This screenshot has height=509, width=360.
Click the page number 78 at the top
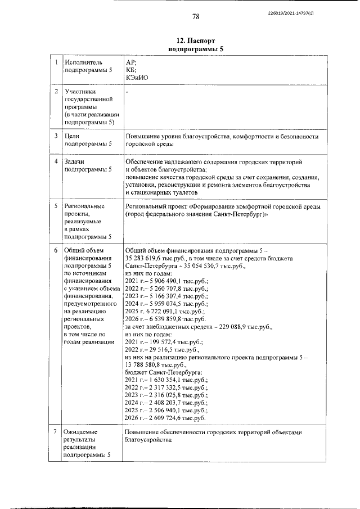[196, 16]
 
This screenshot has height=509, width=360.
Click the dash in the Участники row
[127, 90]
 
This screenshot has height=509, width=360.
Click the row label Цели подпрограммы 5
[88, 140]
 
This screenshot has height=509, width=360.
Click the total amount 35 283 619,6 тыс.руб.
[154, 258]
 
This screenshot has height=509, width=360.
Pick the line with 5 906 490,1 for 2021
[166, 280]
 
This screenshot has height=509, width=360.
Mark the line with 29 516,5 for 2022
[164, 349]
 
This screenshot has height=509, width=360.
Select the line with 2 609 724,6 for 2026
[166, 418]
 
